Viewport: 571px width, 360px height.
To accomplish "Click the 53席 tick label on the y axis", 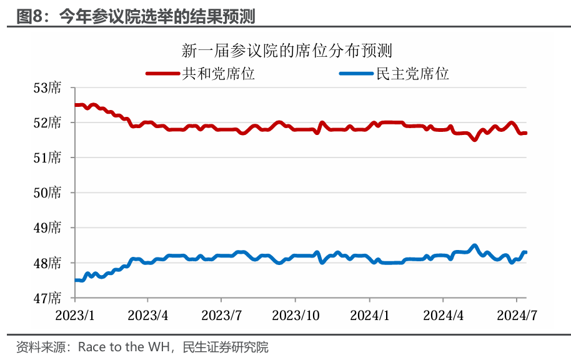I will (x=47, y=87).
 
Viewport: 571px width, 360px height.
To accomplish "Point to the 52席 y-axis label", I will (x=47, y=122).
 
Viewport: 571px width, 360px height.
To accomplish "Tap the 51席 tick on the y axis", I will (x=47, y=157).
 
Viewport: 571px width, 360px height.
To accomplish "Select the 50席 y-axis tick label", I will (x=47, y=192).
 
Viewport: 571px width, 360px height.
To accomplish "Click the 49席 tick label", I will (x=47, y=228).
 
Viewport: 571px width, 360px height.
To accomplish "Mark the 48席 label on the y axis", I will (x=47, y=263).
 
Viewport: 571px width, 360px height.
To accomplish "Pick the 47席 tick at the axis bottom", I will (x=47, y=298).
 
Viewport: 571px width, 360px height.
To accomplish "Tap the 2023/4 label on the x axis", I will (x=147, y=314).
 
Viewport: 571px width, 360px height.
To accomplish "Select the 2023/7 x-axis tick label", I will (x=221, y=314).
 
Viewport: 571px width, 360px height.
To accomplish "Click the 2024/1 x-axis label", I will (x=370, y=314).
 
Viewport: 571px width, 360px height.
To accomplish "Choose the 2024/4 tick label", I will (x=443, y=314).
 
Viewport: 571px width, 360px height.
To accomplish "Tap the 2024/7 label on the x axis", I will (x=517, y=314).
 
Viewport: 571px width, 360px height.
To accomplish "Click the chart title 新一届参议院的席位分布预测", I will (x=287, y=50).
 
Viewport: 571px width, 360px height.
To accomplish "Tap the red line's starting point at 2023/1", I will (x=75, y=105).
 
